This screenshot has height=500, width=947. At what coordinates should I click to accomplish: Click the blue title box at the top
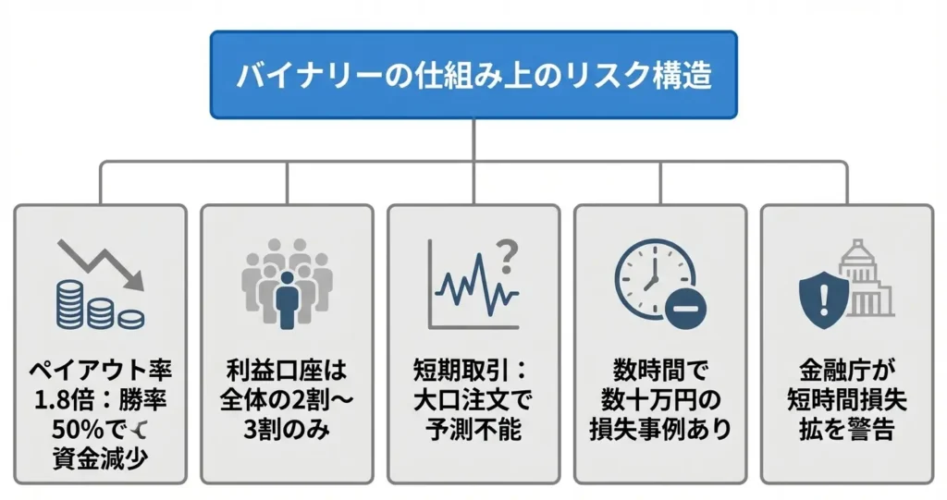(473, 75)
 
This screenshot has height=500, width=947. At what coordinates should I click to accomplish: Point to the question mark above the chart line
(506, 250)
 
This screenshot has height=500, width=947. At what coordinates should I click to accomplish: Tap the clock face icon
(652, 275)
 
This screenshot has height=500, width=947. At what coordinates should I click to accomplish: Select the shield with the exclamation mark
(824, 297)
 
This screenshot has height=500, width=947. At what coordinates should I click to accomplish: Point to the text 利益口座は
(287, 374)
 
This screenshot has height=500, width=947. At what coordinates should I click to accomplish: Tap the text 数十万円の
(659, 402)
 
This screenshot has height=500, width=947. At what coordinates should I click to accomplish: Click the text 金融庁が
(846, 374)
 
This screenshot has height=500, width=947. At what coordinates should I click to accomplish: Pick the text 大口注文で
(473, 402)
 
